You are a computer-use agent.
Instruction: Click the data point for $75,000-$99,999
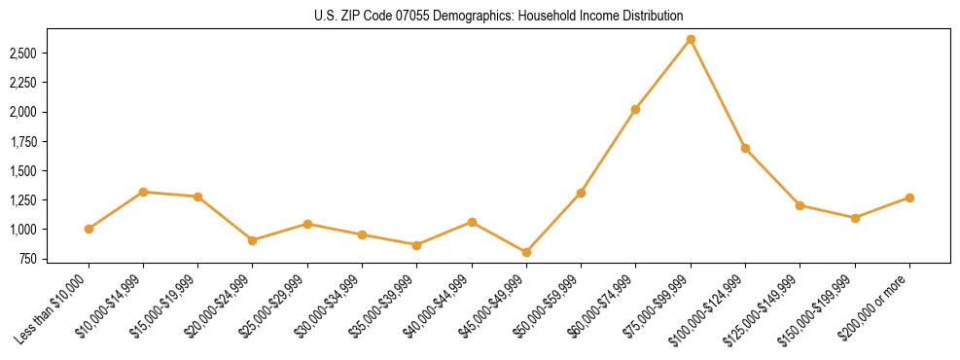tap(691, 39)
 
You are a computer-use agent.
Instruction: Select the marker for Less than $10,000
tap(89, 229)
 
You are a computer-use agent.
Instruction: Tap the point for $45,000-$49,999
tap(526, 252)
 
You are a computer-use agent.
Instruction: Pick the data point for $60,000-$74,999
tap(635, 109)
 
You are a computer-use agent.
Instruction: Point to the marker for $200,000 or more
tap(909, 198)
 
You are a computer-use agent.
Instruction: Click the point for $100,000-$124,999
tap(745, 148)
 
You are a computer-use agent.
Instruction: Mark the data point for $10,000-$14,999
tap(143, 192)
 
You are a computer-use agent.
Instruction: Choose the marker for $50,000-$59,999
tap(581, 193)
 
